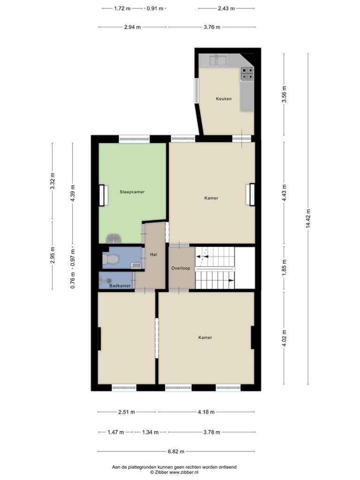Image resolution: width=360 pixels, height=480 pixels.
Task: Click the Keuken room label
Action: coord(224,99)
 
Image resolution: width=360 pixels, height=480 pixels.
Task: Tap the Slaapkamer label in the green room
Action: coord(132,192)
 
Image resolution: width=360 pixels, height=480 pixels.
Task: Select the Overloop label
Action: coord(180,268)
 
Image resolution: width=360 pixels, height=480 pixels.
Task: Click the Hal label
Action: coord(154,255)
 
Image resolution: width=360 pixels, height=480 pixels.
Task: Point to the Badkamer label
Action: coord(120,285)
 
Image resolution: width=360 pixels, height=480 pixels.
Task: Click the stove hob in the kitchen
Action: coord(247,74)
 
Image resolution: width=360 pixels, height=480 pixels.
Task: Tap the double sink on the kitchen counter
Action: coord(217,60)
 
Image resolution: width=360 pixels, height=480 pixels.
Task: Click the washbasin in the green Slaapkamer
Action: coord(113,238)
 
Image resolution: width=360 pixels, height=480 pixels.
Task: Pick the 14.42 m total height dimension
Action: coord(308,219)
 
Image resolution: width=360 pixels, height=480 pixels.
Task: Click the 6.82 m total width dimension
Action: coord(176,451)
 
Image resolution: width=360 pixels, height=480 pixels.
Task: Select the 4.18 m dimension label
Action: coord(206,412)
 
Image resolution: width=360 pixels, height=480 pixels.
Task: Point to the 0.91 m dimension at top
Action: coord(155,8)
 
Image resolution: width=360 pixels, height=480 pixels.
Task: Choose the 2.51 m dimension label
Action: coord(127,412)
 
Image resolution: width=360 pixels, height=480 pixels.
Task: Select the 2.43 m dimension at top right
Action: coord(226,8)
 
